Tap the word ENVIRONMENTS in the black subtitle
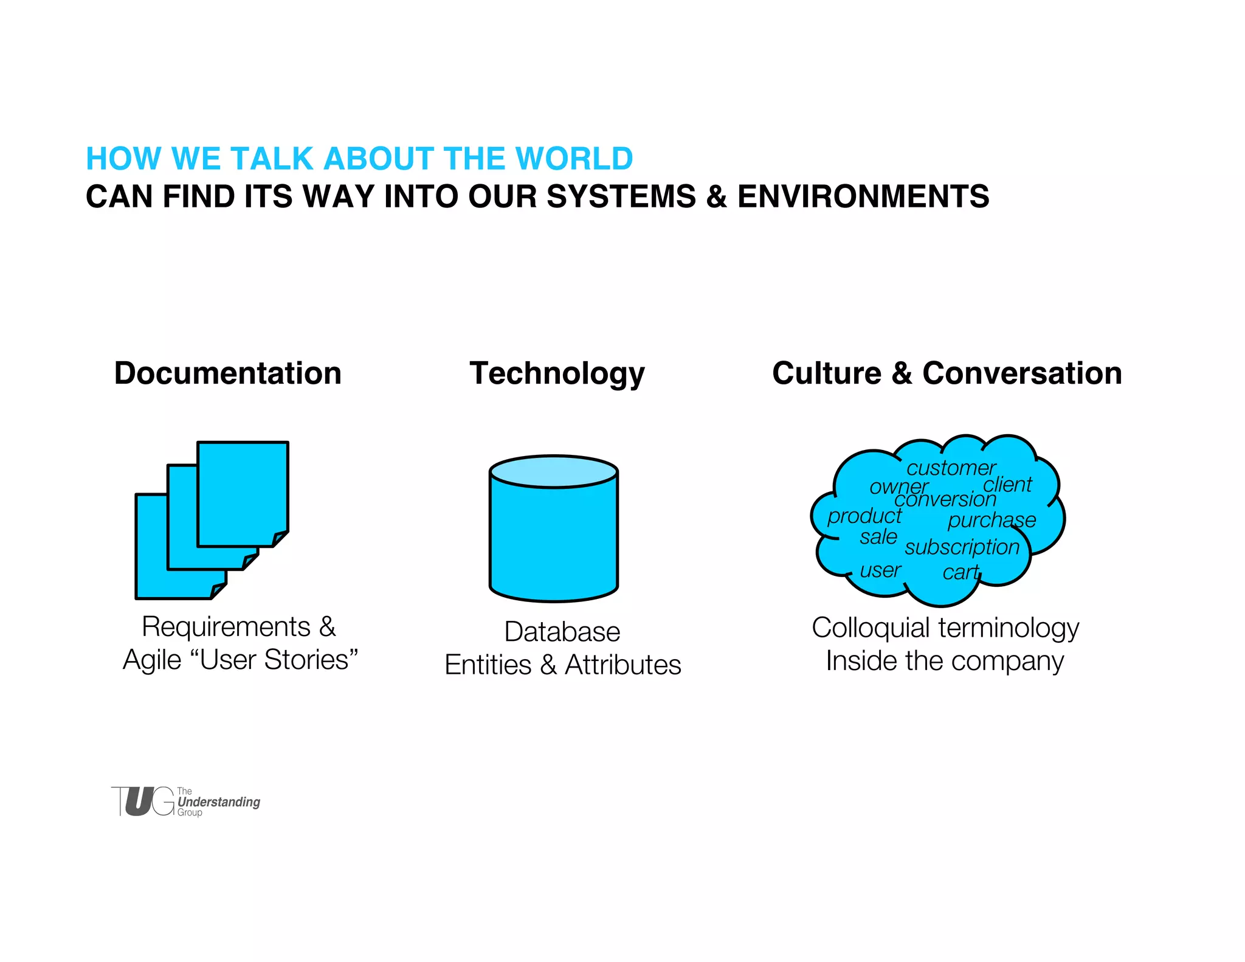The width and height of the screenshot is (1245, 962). click(x=863, y=197)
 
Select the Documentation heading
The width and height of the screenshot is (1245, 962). click(x=227, y=373)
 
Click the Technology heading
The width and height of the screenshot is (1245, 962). click(x=557, y=373)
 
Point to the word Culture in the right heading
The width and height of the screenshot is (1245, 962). click(x=826, y=373)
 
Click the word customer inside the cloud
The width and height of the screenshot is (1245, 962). click(x=950, y=468)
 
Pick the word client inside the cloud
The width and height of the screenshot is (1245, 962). click(x=1007, y=485)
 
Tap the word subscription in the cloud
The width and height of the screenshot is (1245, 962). click(x=962, y=547)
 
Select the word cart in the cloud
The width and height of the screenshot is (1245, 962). click(x=961, y=572)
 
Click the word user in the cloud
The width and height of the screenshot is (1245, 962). click(x=880, y=570)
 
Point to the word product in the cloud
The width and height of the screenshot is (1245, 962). click(x=864, y=516)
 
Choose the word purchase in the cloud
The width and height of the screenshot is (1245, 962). click(x=991, y=521)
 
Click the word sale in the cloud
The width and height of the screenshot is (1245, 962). click(x=878, y=537)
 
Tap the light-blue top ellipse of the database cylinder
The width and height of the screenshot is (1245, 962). click(x=553, y=472)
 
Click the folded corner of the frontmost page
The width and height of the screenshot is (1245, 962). click(x=279, y=539)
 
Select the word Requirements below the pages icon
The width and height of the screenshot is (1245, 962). click(x=226, y=627)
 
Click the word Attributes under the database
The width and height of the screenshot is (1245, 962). click(x=622, y=665)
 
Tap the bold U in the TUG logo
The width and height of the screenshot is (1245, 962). click(x=139, y=801)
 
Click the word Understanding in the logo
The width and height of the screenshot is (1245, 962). click(x=219, y=802)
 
